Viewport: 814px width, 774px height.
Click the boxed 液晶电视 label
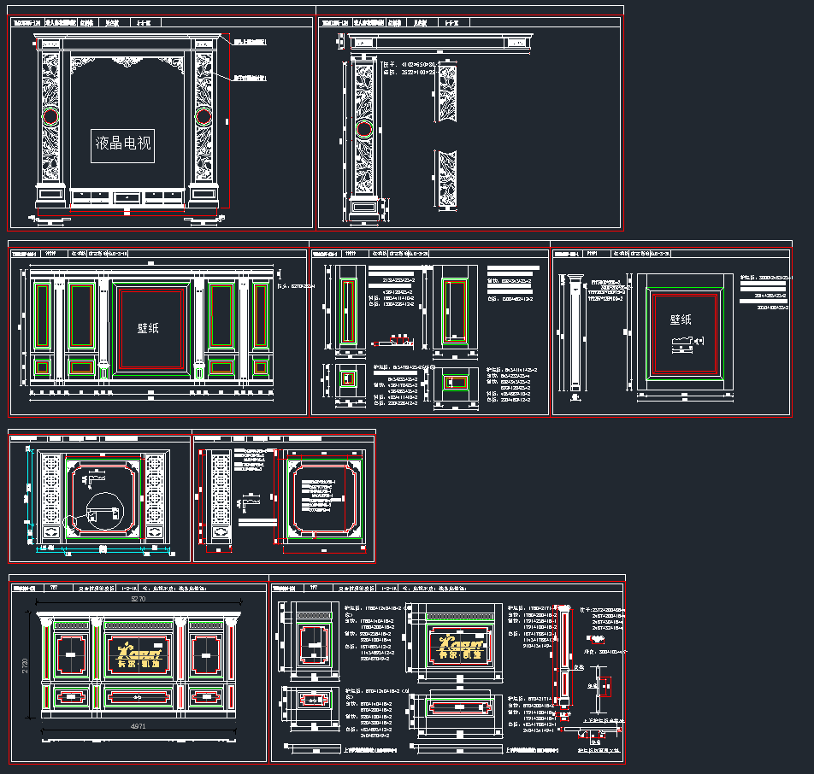tap(122, 144)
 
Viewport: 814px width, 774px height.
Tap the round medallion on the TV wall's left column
tap(50, 116)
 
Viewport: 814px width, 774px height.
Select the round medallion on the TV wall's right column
tap(203, 116)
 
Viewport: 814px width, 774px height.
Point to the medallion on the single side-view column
tap(363, 130)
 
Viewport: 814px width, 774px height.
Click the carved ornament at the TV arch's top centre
tap(127, 62)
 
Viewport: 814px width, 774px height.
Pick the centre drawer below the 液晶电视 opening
tap(127, 197)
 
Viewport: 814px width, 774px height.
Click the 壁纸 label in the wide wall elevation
tap(149, 327)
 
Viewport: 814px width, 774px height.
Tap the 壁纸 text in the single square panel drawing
tap(681, 320)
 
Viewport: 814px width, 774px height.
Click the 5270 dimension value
tap(138, 600)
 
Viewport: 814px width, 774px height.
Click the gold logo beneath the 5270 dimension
tap(138, 651)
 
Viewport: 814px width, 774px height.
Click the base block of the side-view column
tap(363, 207)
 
